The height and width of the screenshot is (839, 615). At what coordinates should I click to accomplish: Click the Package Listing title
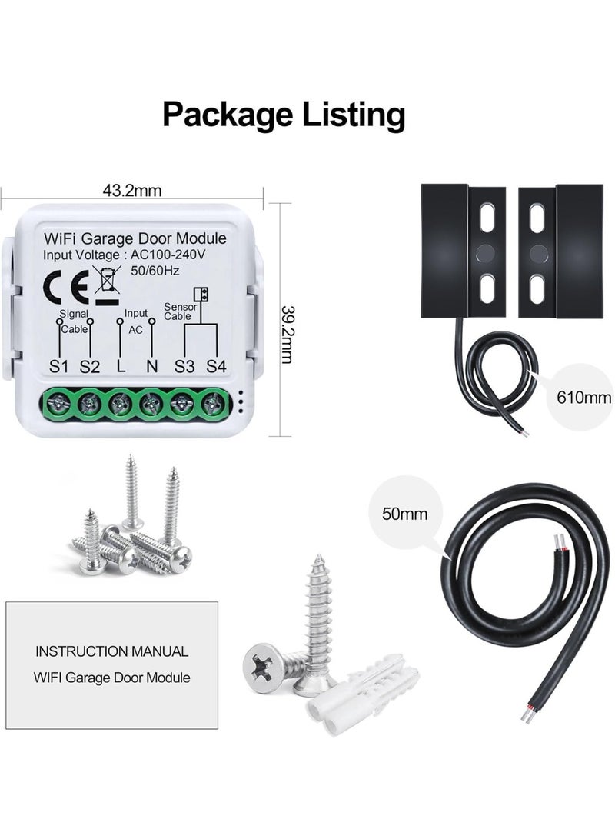pos(284,115)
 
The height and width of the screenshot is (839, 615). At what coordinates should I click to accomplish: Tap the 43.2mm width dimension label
pos(131,190)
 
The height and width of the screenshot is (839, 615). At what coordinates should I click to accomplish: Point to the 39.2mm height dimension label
pos(287,335)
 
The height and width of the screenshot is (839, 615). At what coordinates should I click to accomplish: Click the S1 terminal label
pos(59,367)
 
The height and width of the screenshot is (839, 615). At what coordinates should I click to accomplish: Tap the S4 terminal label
pos(216,367)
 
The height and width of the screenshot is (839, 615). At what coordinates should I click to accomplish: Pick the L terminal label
pos(121,367)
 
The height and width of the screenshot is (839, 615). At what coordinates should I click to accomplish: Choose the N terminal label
pos(152,367)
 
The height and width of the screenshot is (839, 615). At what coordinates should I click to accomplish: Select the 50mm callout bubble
pos(404,514)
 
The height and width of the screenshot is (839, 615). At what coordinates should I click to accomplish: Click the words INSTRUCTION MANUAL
pos(111,651)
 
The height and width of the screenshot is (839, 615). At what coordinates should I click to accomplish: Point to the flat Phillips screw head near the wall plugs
pos(264,669)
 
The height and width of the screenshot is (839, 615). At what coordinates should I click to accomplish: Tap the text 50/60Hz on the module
pos(155,271)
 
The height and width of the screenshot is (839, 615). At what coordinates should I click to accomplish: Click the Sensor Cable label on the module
pos(180,311)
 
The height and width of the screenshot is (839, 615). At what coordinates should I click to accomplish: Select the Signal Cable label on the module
pos(74,321)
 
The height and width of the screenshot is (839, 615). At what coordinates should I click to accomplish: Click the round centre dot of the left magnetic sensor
pos(486,253)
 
